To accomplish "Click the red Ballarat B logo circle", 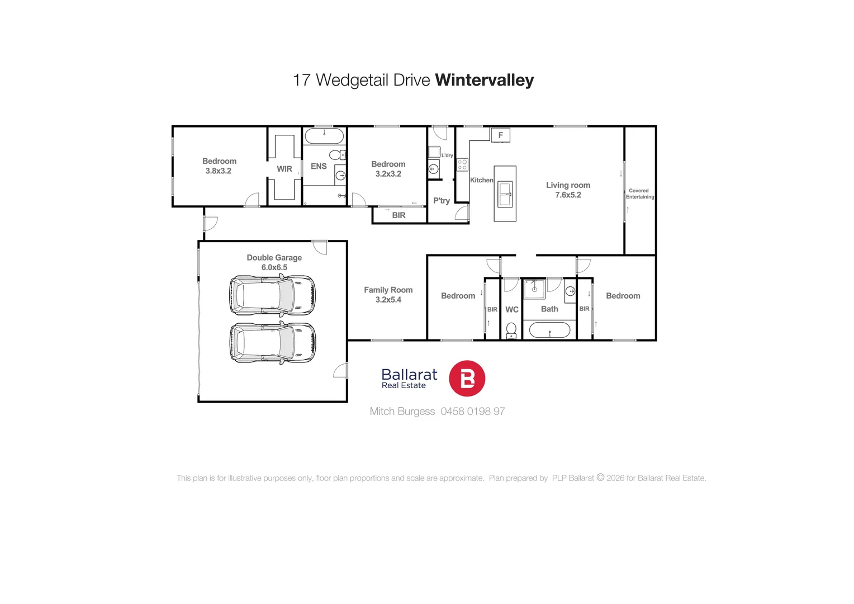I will (467, 379).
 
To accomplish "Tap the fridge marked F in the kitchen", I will (500, 135).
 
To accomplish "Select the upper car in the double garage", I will (272, 295).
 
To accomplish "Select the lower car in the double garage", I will (272, 343).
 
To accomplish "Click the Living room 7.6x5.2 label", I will (568, 190).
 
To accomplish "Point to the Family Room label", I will (388, 290).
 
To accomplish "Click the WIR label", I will (284, 169).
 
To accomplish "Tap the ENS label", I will (319, 166).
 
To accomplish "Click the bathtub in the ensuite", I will (324, 136).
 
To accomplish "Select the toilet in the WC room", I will (511, 330).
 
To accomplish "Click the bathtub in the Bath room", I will (549, 330).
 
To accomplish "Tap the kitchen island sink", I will (505, 194).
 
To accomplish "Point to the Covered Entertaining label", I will (639, 194).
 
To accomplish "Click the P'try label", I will (442, 201).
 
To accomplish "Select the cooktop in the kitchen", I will (462, 164).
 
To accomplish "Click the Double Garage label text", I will (274, 258).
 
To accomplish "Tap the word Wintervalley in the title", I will (484, 80).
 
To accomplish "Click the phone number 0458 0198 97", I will (472, 412).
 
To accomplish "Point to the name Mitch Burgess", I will (402, 412).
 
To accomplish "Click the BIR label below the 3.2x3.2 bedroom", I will (398, 215).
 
